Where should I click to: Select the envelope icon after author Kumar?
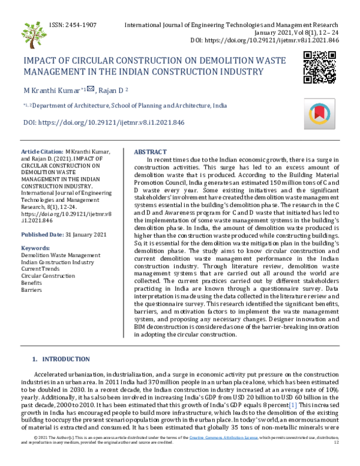(90, 89)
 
